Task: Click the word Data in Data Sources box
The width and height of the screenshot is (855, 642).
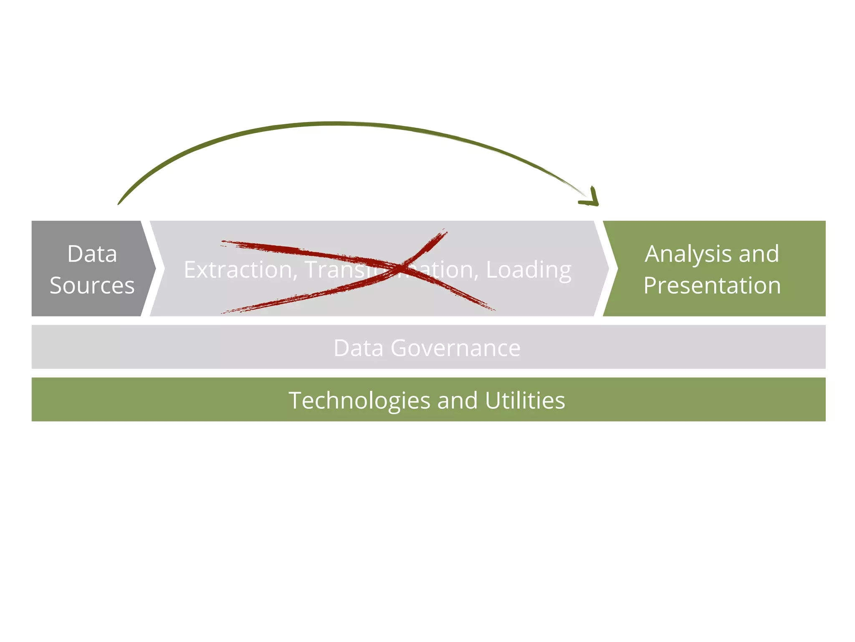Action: [x=92, y=254]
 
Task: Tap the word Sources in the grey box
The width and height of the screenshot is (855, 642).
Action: [x=92, y=285]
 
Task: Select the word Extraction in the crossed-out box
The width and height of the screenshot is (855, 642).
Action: [x=238, y=270]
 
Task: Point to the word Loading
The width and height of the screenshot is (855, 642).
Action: [x=529, y=270]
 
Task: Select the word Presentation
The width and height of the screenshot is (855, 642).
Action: [x=712, y=285]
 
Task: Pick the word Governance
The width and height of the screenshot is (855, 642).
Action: [x=455, y=348]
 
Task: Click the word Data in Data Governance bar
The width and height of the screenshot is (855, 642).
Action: [x=358, y=348]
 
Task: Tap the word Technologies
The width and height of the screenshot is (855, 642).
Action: [x=359, y=400]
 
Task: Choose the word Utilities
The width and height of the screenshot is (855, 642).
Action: [x=525, y=400]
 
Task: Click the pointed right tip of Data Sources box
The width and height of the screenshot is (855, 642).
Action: [x=155, y=268]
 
